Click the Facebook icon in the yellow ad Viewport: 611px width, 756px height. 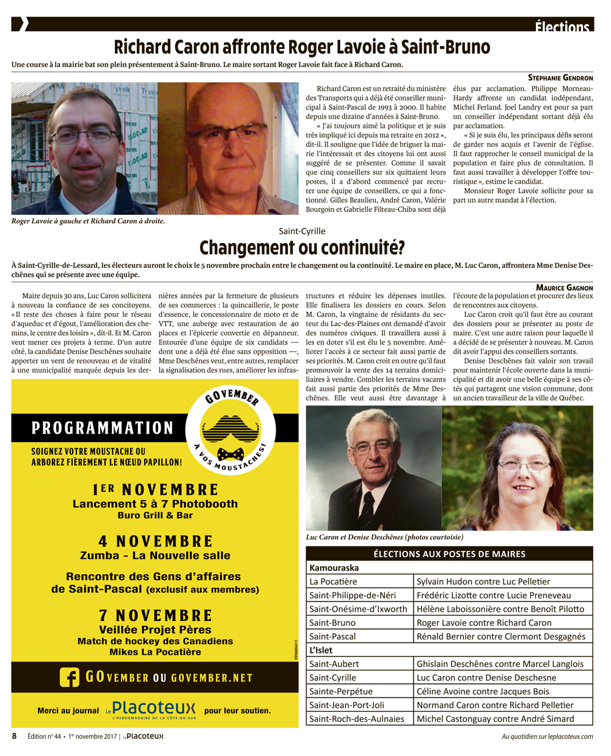coord(70,677)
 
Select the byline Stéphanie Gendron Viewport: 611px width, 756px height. coord(560,78)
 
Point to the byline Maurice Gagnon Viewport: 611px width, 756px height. coord(564,287)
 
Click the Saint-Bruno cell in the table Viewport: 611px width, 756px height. coord(332,623)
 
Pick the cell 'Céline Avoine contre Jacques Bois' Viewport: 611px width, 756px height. coord(483,691)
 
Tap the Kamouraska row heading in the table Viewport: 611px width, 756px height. coord(334,568)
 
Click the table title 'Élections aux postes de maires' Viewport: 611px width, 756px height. coord(449,554)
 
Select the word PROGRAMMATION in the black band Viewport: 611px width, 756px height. coord(103,428)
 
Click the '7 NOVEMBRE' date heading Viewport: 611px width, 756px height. coord(155,616)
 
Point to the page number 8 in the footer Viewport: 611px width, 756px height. coord(15,736)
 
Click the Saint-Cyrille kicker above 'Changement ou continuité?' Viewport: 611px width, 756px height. coord(302,231)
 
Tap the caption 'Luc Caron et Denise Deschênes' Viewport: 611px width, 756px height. coord(384,537)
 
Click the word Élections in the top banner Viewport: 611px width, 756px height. coord(562,26)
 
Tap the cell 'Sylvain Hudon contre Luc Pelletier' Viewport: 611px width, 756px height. coord(483,581)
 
